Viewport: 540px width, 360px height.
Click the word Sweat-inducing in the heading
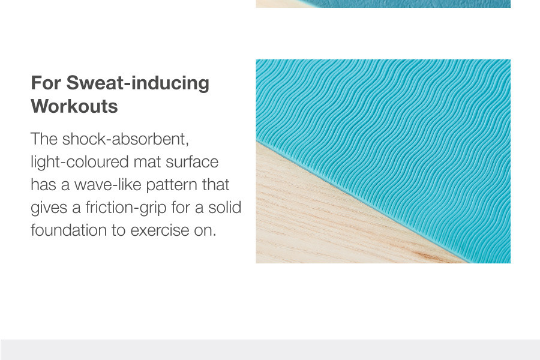(x=138, y=83)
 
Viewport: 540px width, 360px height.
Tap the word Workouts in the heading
(x=74, y=106)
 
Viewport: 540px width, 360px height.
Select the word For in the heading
(x=46, y=83)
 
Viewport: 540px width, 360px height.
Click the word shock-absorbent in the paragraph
(x=125, y=139)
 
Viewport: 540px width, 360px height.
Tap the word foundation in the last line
(x=68, y=230)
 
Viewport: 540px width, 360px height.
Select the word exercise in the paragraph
(x=160, y=230)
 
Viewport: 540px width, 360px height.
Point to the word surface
(x=192, y=162)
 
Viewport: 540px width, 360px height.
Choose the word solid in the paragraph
(x=224, y=208)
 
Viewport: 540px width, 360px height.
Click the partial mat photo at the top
(x=383, y=4)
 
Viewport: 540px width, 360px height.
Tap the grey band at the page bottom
(x=270, y=350)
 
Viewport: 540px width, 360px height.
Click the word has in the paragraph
(x=44, y=185)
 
